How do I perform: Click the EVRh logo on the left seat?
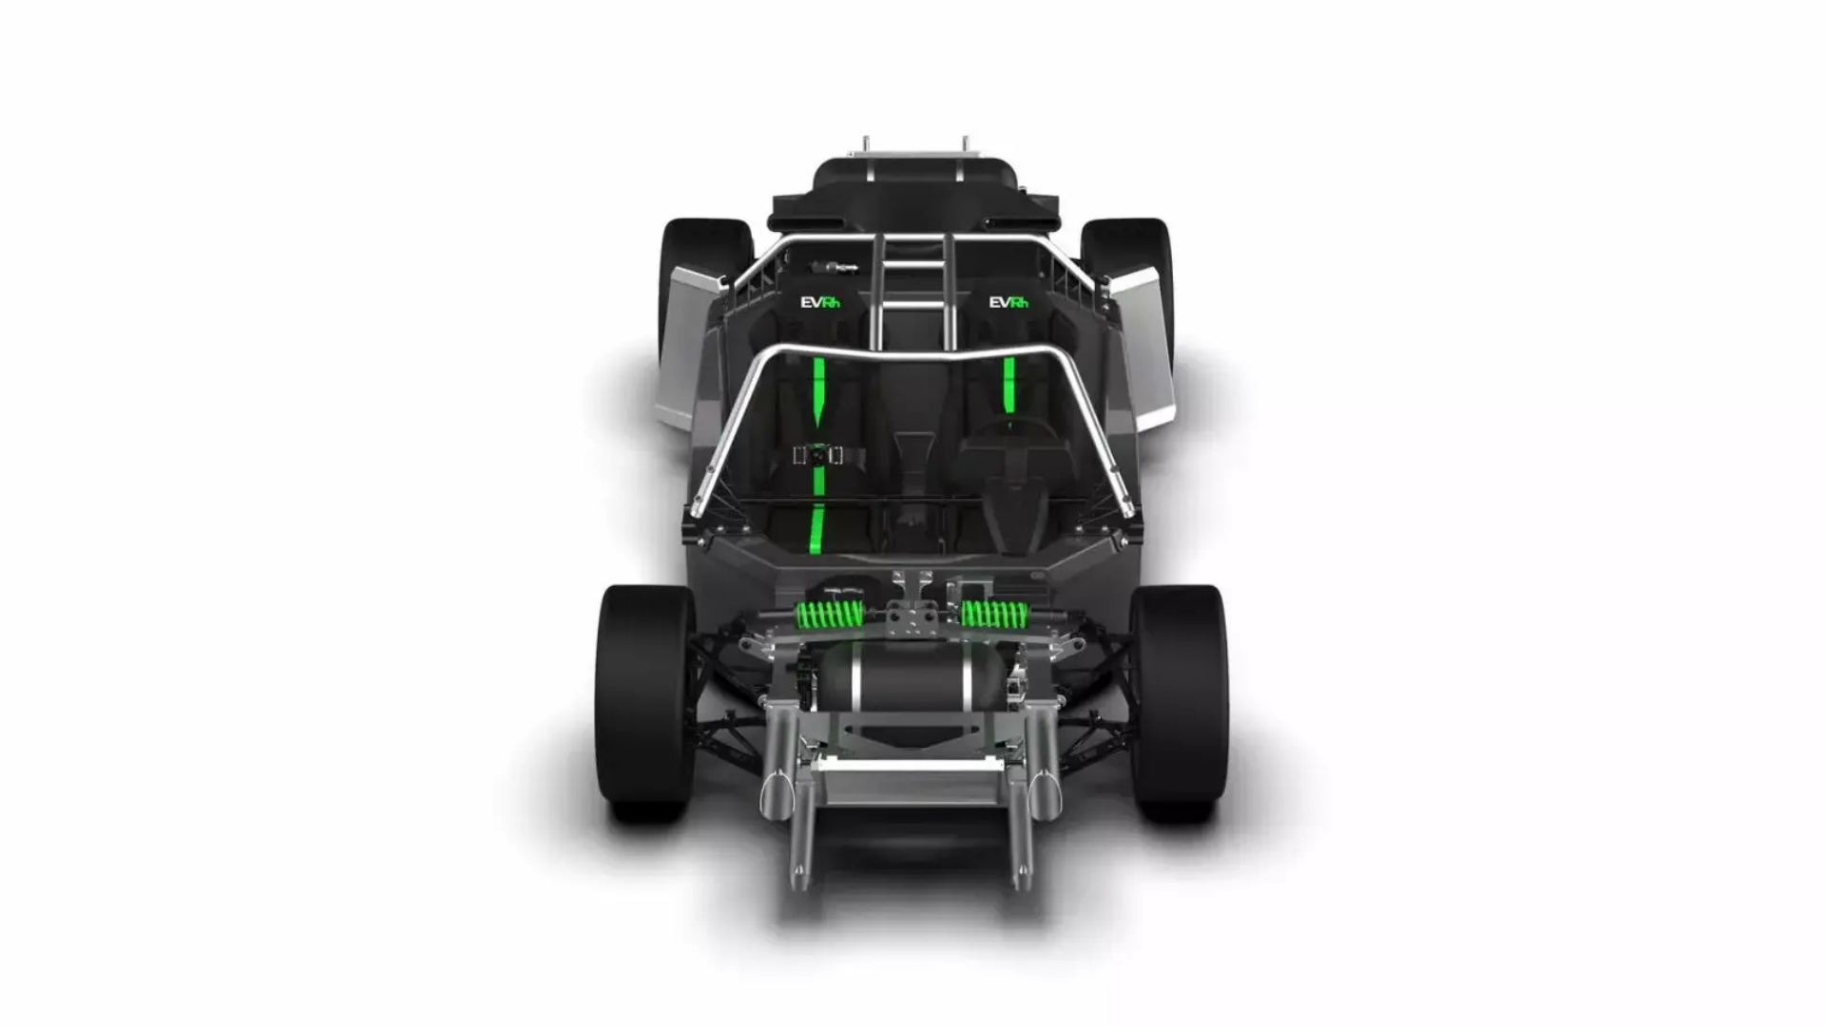[820, 303]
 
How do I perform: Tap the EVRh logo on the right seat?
[1009, 303]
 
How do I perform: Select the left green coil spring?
[829, 615]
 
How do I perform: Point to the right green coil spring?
[995, 615]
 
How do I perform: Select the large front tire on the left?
[645, 703]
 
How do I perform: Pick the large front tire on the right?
[1179, 703]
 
